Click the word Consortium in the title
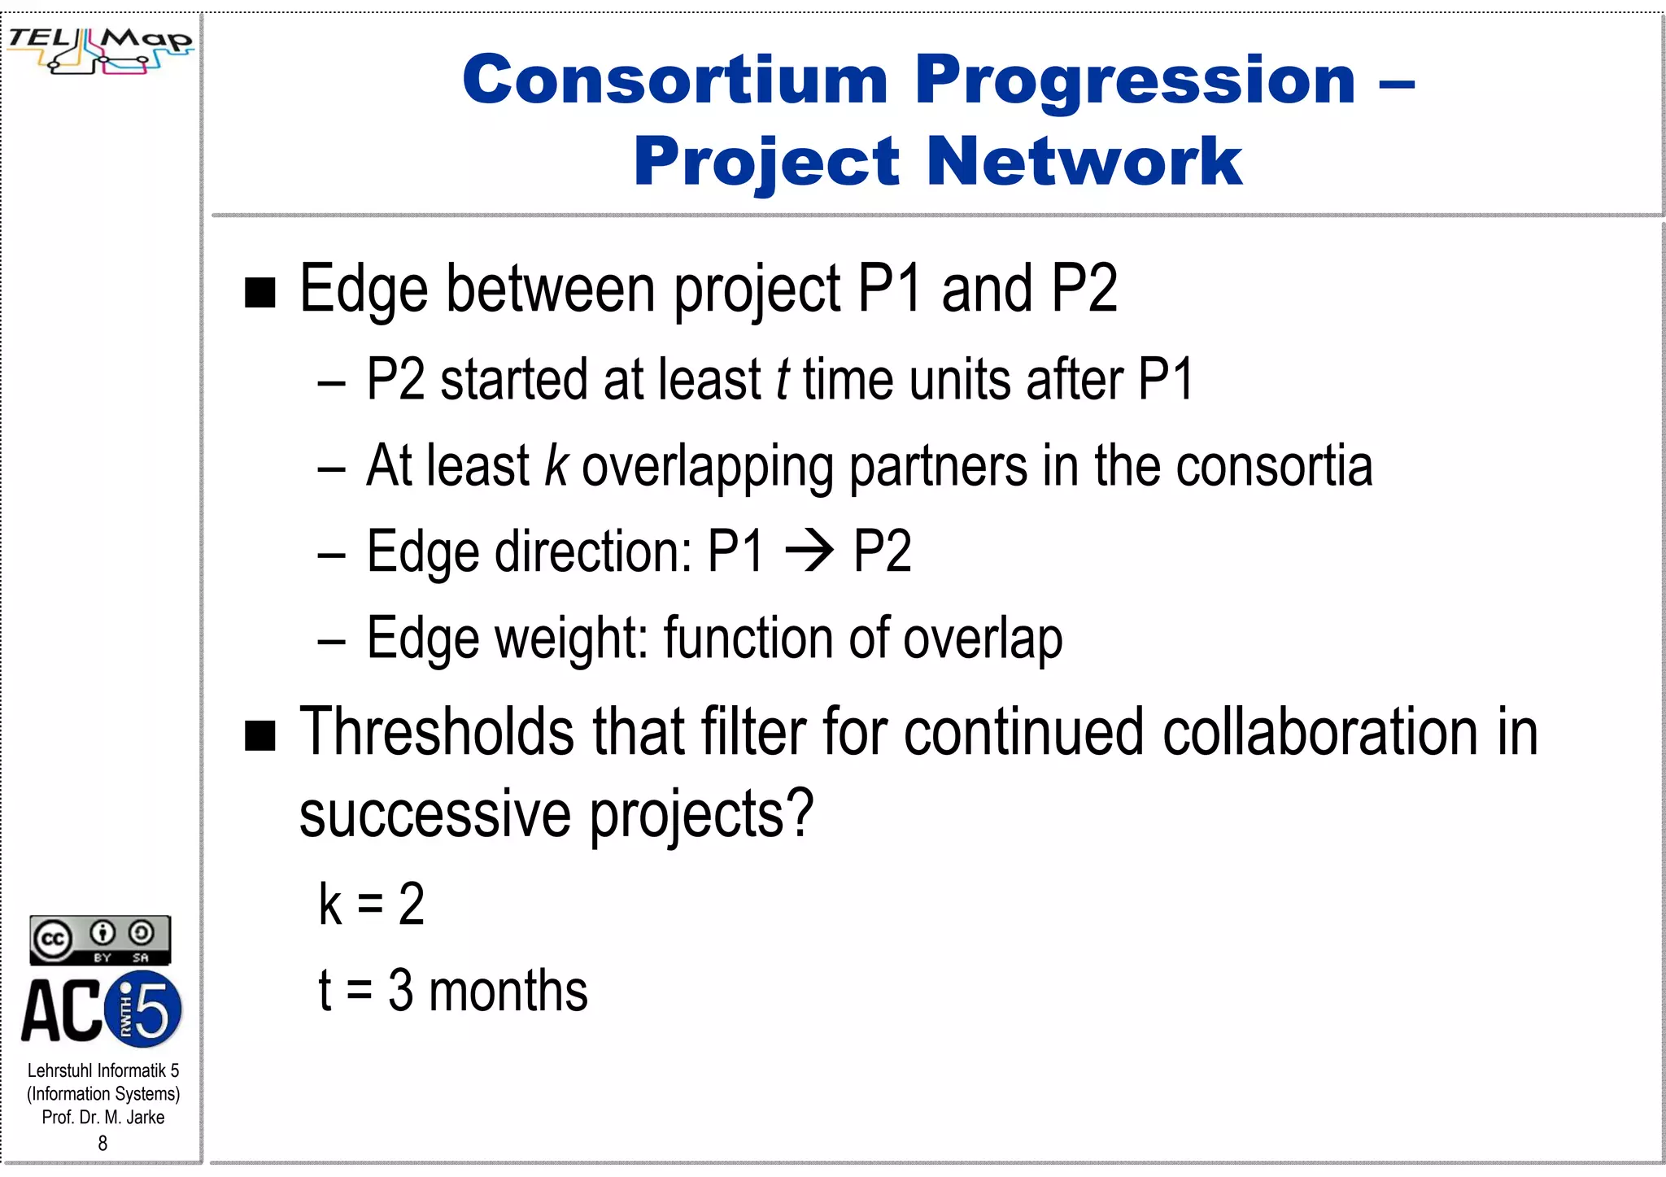pos(675,80)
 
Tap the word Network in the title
pos(1084,161)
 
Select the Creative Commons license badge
pos(100,940)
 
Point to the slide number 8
pos(102,1144)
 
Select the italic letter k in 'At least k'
pos(556,466)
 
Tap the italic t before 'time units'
pos(782,380)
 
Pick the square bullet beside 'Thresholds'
pos(260,735)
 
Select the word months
pos(508,992)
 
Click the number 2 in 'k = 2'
pos(412,905)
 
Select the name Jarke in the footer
pos(145,1118)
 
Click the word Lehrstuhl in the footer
pos(60,1070)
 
